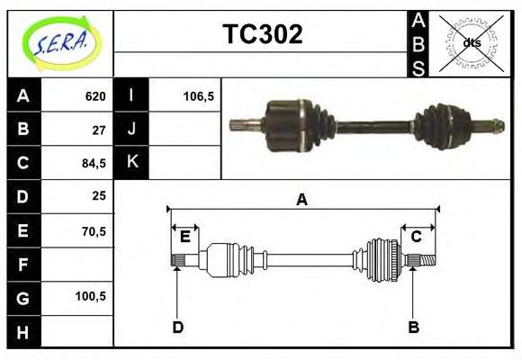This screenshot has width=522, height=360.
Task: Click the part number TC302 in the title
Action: coord(262,34)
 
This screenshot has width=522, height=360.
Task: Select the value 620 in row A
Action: coord(95,96)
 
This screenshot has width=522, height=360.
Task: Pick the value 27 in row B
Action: coord(99,130)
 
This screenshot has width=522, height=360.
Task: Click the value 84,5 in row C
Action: coord(94,163)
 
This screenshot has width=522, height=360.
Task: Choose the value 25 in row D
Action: coord(99,195)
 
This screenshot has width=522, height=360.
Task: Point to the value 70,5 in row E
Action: coord(94,230)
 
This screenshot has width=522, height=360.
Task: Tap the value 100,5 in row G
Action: coord(92,296)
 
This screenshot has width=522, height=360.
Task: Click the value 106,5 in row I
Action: coord(197,96)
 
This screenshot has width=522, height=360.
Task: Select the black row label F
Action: coord(23,265)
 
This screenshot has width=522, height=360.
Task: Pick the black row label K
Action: coord(131,162)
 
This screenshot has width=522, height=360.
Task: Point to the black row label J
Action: coord(131,129)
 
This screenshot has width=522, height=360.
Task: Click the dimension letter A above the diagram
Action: coord(301,200)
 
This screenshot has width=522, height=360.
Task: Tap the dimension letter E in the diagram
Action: coord(185,237)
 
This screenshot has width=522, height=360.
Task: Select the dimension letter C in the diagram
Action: coord(416,237)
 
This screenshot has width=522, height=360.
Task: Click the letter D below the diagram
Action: coord(178,327)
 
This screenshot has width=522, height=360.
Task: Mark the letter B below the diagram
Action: coord(413,327)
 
